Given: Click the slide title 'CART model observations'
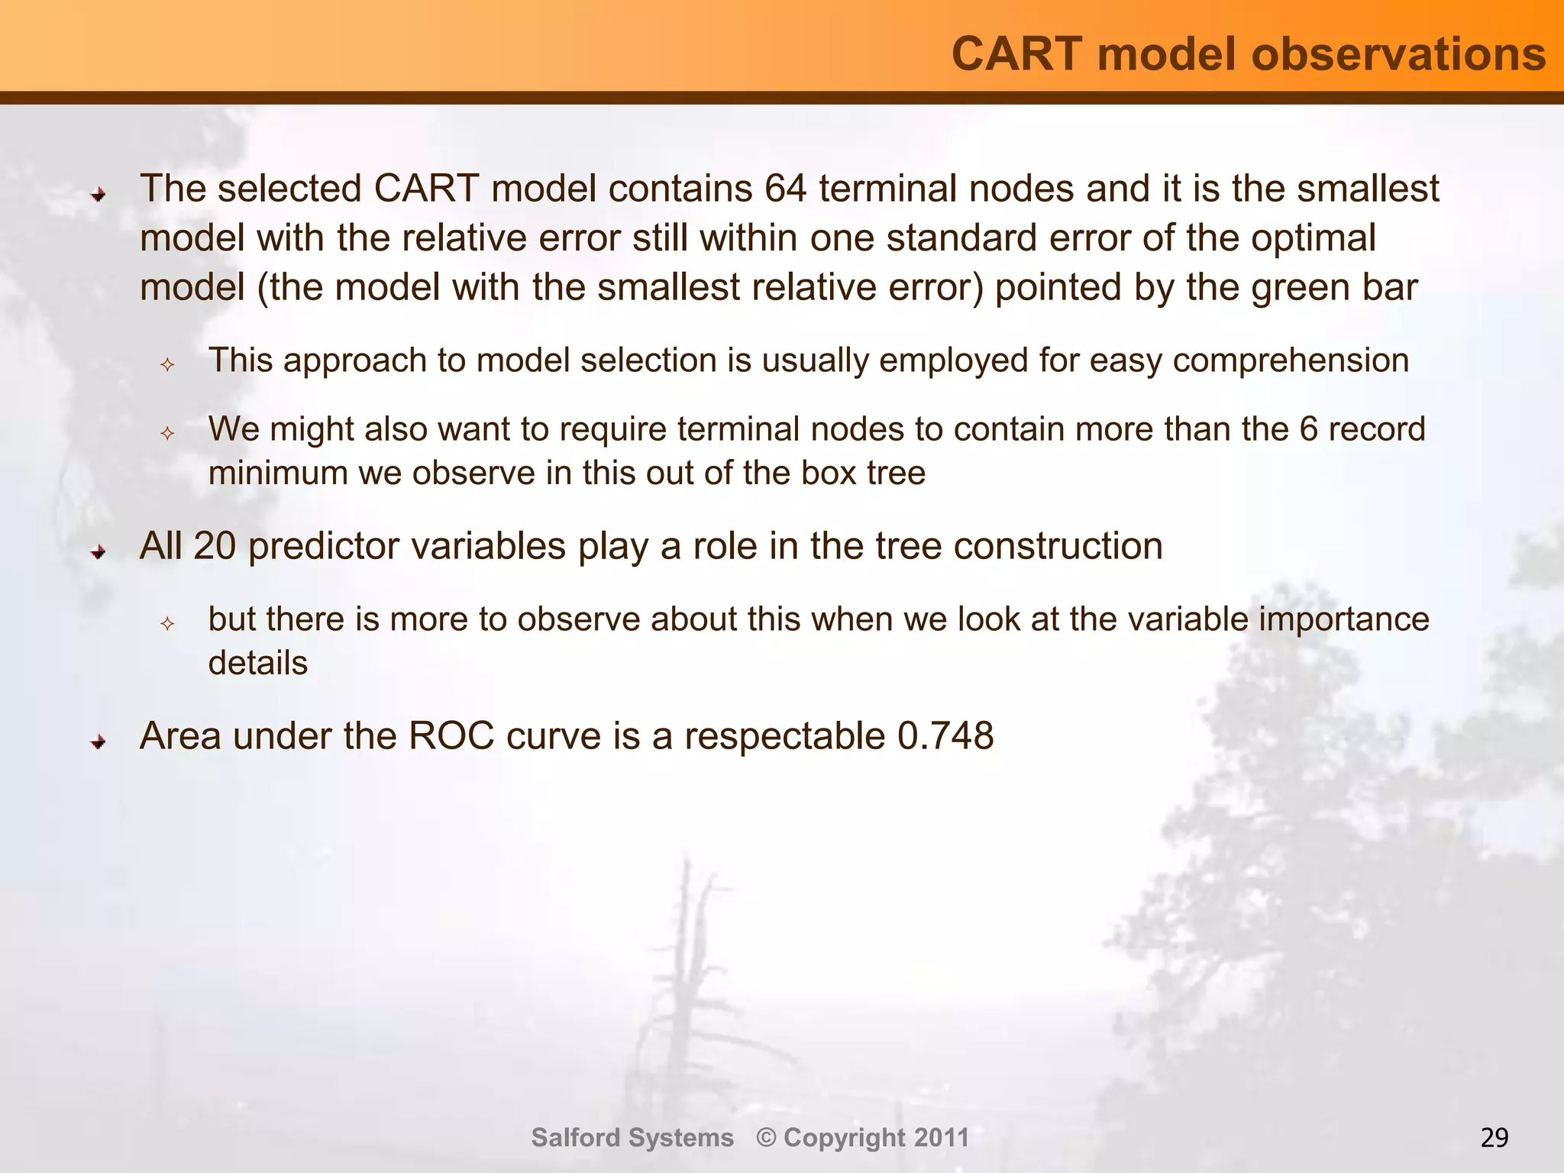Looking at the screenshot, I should click(x=1248, y=55).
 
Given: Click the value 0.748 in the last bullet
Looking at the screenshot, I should click(x=945, y=736).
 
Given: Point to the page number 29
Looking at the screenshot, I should click(x=1494, y=1138).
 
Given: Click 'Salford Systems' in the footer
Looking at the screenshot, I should click(x=632, y=1138).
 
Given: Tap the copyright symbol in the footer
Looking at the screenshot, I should click(x=766, y=1138).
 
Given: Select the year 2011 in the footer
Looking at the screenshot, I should click(x=941, y=1138).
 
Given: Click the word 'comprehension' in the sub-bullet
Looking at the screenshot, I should click(x=1291, y=360).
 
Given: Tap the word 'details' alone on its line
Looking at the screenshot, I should click(x=258, y=663).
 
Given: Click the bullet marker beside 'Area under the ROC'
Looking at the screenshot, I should click(x=98, y=741).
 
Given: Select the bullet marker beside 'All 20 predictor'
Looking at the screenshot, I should click(x=98, y=551).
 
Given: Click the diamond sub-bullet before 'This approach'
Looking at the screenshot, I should click(x=168, y=365).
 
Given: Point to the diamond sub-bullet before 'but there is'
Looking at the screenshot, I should click(x=168, y=624).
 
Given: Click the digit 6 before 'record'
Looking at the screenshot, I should click(x=1308, y=429).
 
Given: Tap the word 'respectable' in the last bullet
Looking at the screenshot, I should click(x=784, y=736).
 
